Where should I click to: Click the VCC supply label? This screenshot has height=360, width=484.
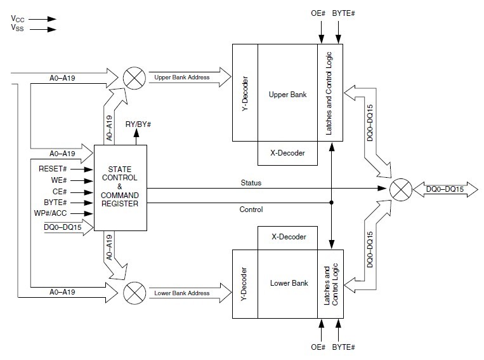tap(17, 20)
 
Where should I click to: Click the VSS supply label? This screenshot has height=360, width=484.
tap(17, 29)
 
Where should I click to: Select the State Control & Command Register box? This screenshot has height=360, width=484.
tap(121, 188)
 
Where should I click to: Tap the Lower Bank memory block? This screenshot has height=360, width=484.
tap(287, 283)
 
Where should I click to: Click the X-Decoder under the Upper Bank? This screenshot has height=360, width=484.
tap(287, 153)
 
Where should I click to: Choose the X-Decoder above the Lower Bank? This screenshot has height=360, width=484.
tap(287, 237)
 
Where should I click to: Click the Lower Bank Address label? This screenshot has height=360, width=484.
tap(182, 293)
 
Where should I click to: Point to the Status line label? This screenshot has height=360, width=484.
tap(251, 183)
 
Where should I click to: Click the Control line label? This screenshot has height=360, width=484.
tap(251, 209)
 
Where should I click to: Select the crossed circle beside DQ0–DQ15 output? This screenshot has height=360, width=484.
tap(399, 188)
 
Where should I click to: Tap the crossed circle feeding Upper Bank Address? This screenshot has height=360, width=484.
tap(133, 77)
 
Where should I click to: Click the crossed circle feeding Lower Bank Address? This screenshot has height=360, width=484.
tap(133, 293)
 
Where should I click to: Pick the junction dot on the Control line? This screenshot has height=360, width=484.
tap(330, 203)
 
